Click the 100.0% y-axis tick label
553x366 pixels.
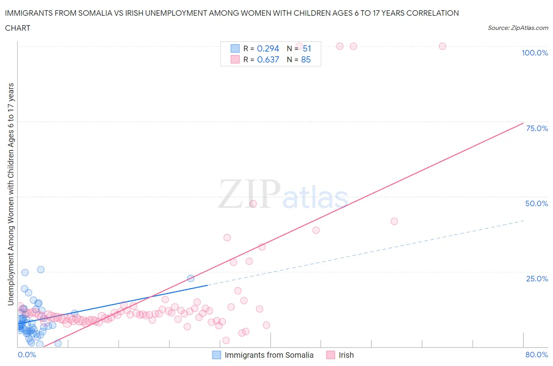tap(535, 53)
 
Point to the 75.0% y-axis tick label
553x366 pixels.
tap(536, 128)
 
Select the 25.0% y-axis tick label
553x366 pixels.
tap(536, 279)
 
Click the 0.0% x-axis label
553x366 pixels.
tap(27, 355)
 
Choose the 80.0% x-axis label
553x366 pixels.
tap(536, 355)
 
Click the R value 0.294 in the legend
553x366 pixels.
tap(268, 48)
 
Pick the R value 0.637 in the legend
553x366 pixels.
tap(268, 59)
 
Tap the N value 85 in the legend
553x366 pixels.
tap(306, 59)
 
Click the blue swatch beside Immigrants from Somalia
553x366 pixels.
tap(216, 355)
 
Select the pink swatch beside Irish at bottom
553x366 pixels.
tap(330, 355)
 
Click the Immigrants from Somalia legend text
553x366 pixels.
tap(269, 355)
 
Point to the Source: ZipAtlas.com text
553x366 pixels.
tap(518, 28)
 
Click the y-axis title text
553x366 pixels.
tap(11, 194)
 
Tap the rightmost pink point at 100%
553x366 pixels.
tap(442, 46)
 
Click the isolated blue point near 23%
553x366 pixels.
tap(191, 278)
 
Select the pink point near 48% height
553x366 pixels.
tap(253, 204)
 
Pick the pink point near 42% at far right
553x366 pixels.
tap(394, 221)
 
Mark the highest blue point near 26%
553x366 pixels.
tap(41, 270)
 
